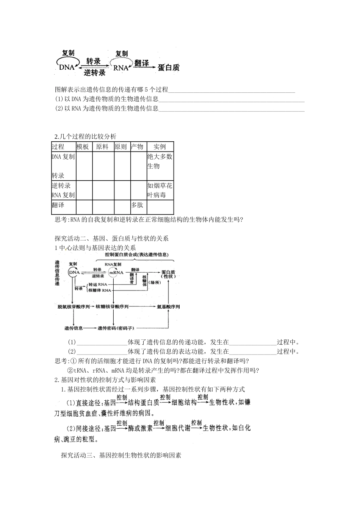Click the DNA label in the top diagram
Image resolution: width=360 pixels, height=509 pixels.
(66, 68)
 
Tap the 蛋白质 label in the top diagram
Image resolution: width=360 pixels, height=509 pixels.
(168, 68)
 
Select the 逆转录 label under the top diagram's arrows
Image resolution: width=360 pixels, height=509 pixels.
(94, 73)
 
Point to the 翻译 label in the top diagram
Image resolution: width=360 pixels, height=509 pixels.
(141, 63)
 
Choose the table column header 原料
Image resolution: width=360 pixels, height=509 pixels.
(102, 147)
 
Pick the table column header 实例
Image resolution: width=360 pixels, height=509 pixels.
(160, 147)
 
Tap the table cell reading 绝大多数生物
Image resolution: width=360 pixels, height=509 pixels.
(160, 161)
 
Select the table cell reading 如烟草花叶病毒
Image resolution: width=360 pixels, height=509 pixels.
(160, 190)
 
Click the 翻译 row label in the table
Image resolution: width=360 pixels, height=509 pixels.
(58, 205)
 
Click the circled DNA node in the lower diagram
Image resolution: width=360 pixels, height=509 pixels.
(74, 272)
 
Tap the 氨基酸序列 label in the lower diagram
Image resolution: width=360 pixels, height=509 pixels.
(168, 306)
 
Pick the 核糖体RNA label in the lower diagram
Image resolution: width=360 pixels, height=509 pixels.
(100, 290)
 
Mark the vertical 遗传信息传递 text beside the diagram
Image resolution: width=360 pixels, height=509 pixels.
(57, 273)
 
